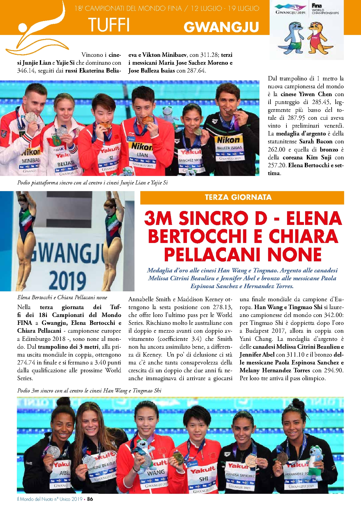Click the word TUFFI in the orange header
109,24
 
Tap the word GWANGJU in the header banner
221,27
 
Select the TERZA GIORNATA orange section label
238,197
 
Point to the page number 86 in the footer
90,499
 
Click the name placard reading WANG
156,472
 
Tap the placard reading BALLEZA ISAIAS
229,148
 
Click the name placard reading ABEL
64,473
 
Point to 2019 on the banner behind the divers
68,280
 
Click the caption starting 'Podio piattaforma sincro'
92,183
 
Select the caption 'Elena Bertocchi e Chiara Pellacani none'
62,297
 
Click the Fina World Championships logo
325,9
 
